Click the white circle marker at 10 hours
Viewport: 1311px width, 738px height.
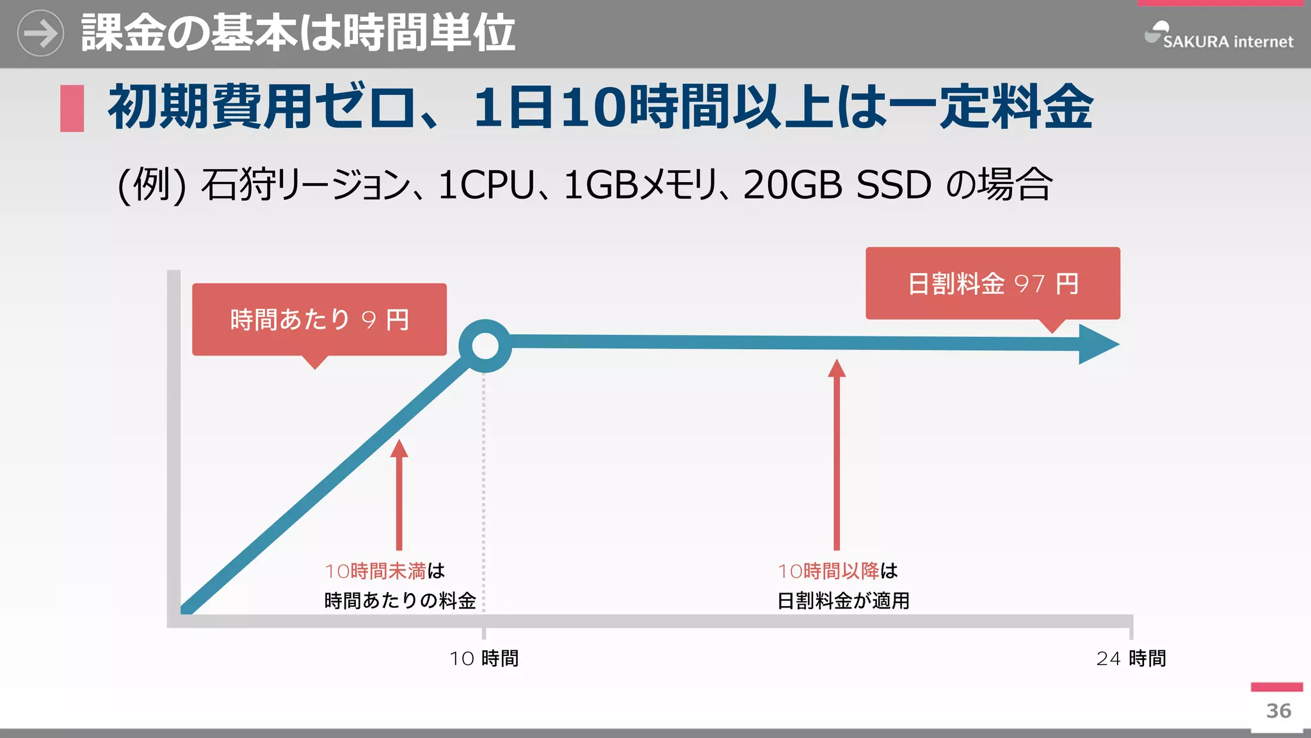coord(485,346)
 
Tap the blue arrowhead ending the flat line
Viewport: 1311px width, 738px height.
coord(1097,344)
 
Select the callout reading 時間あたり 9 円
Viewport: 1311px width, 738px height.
coord(319,319)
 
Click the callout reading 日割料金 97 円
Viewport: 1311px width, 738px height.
coord(992,283)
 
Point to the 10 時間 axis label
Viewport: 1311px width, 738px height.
coord(484,658)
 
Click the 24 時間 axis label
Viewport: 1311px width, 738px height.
coord(1130,658)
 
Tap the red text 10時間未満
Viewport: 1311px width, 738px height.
coord(375,570)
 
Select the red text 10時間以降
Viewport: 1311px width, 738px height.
coord(828,570)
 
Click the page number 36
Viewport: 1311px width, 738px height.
coord(1278,710)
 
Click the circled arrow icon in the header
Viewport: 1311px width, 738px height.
coord(40,33)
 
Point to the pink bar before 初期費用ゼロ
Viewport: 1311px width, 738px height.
coord(72,108)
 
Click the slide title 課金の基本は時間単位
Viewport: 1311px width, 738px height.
coord(298,33)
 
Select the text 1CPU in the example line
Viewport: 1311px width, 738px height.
coord(487,185)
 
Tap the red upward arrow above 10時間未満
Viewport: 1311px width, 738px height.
coord(399,494)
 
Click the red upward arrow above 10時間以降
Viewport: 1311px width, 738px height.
coord(836,454)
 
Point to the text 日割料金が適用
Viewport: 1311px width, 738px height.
coord(843,600)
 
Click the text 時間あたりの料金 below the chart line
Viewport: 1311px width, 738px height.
coord(400,600)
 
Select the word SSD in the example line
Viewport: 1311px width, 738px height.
coord(893,185)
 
